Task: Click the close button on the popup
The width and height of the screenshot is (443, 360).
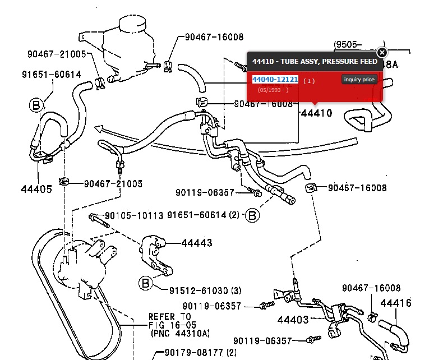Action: (382, 53)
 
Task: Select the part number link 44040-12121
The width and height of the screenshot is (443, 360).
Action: (275, 80)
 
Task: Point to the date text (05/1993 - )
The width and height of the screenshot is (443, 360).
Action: (273, 90)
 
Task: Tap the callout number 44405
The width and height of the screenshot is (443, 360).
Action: (37, 188)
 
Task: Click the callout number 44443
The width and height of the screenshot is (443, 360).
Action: (197, 243)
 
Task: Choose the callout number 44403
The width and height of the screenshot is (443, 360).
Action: (293, 320)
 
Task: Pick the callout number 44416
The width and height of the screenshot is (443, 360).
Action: (396, 303)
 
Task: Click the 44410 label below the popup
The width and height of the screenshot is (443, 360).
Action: (316, 113)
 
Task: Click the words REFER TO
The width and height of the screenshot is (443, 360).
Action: (170, 316)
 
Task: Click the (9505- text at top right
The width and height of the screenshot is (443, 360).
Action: (348, 44)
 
